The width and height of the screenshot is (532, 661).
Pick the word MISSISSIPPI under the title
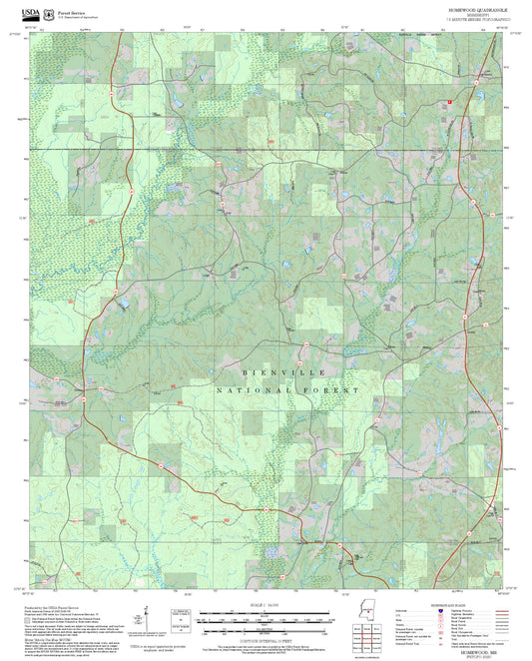464,14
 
